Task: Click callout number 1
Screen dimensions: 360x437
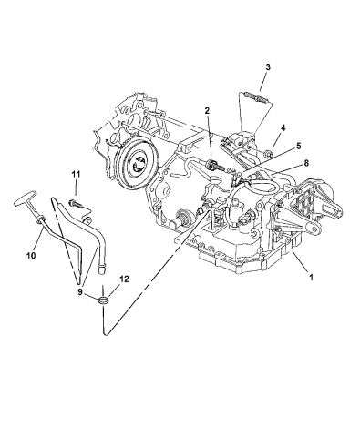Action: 311,277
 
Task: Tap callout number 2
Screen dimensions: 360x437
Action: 207,111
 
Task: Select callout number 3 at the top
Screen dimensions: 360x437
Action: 268,67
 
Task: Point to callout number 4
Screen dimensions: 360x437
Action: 283,127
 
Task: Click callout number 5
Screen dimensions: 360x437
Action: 298,146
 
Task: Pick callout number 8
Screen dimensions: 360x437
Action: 306,163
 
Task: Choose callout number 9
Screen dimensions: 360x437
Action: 80,291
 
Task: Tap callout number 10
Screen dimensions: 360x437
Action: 31,255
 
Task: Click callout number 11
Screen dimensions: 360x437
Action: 76,174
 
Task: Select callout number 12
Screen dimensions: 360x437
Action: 124,279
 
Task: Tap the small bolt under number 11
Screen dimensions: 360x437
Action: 75,203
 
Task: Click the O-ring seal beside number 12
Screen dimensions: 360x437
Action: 103,300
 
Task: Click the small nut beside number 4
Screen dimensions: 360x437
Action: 268,154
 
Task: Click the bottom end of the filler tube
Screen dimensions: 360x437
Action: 102,270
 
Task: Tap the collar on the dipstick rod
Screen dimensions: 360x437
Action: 40,219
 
